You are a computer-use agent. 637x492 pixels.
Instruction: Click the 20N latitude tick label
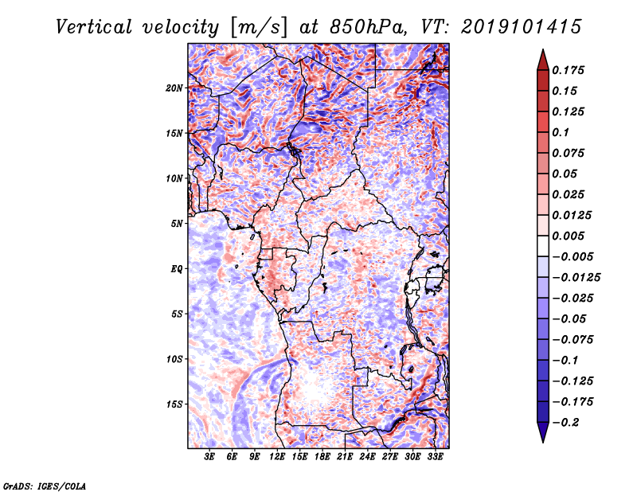point(174,88)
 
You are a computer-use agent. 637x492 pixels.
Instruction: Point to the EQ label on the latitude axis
point(176,269)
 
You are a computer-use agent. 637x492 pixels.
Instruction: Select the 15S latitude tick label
point(174,404)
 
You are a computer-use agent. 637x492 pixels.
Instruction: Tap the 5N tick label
point(177,224)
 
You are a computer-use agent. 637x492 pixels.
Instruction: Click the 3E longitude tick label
point(209,457)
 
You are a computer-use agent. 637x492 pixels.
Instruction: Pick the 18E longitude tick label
point(322,457)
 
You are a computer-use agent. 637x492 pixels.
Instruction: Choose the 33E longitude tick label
point(435,457)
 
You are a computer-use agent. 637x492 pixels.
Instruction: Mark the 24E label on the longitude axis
point(367,457)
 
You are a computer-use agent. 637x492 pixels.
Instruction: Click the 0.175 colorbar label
point(568,70)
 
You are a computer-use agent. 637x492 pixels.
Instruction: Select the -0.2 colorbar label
point(565,423)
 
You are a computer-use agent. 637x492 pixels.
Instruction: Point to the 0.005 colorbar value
point(568,236)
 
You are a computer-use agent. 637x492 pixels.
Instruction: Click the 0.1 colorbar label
point(561,132)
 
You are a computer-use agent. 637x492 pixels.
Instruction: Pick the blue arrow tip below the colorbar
point(543,442)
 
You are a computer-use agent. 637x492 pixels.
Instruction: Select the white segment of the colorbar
point(543,246)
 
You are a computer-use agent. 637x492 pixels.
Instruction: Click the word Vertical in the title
point(94,27)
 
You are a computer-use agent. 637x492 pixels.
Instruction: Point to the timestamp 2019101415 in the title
point(522,27)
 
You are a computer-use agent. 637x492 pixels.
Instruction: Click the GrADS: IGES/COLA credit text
point(45,486)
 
